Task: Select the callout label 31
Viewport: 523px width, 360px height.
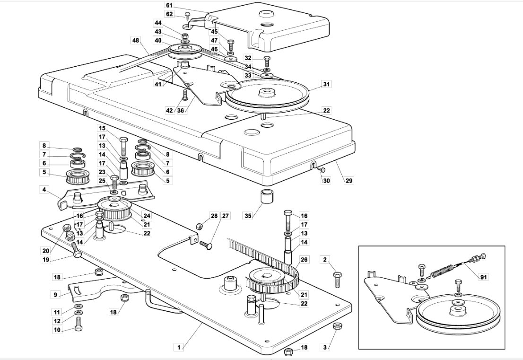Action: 326,84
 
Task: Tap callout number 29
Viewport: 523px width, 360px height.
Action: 349,181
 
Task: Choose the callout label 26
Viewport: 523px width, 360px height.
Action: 303,259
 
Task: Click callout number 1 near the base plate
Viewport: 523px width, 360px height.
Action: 179,347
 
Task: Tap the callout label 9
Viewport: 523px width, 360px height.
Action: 56,294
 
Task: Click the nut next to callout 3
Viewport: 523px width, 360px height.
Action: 337,326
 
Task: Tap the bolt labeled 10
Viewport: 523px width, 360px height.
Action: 78,324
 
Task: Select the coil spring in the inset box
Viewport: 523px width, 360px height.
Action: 442,271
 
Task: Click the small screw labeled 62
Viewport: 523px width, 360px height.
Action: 187,15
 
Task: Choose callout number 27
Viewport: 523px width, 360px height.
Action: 225,216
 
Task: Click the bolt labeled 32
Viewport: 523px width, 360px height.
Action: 267,61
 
